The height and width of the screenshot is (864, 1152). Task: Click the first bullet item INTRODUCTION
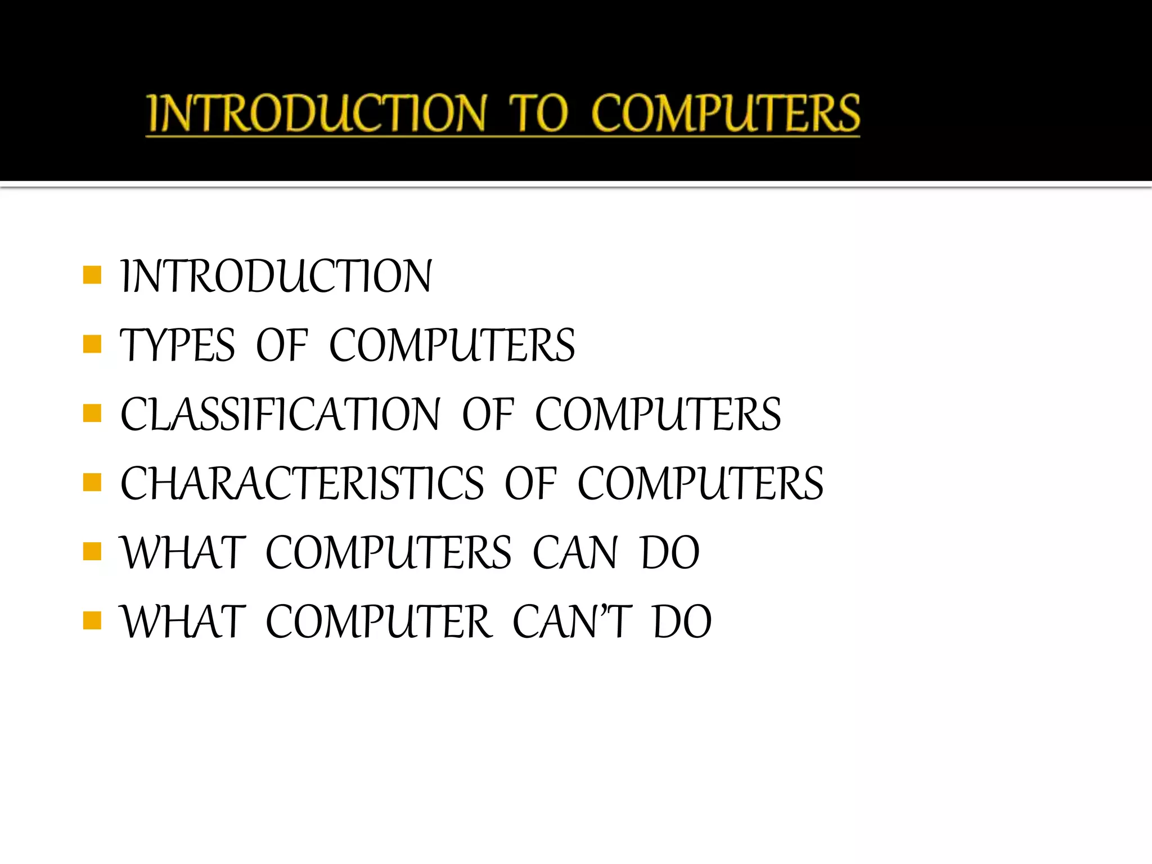(276, 276)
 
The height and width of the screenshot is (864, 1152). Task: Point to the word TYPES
(177, 345)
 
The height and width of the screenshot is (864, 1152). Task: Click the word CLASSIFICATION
(280, 414)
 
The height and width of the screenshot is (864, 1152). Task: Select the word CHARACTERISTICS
(302, 483)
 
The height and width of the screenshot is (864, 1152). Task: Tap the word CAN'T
(572, 622)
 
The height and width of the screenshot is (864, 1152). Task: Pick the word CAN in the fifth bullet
(575, 552)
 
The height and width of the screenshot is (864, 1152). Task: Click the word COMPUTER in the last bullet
(379, 622)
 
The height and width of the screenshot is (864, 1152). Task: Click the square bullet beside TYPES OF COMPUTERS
(92, 344)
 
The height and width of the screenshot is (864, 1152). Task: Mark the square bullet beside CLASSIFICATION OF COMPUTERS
(92, 413)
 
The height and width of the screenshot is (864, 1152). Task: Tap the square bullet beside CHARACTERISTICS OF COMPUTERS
(92, 482)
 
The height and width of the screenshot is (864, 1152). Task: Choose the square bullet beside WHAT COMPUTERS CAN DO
(92, 551)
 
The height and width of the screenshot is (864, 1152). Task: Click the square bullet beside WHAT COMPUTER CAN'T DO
(92, 620)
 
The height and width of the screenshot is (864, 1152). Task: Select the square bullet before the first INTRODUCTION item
(92, 275)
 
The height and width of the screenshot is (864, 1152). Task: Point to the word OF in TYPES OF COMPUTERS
(282, 345)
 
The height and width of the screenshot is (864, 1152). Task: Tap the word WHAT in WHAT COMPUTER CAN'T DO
(183, 622)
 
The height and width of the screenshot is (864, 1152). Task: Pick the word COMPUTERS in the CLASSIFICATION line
(658, 414)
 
